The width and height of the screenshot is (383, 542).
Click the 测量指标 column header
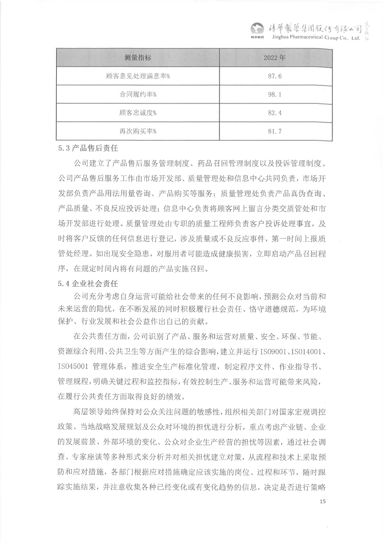138,58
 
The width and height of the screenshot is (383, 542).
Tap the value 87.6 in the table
275,76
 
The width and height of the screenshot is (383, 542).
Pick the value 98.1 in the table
275,95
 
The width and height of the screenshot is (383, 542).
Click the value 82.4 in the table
275,113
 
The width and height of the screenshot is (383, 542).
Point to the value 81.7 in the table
275,131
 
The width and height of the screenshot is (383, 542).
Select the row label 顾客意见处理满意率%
138,76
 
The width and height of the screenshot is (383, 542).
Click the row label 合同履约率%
138,95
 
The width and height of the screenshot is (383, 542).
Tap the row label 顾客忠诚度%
138,113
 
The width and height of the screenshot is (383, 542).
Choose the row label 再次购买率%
138,131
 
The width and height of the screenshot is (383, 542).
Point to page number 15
322,501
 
